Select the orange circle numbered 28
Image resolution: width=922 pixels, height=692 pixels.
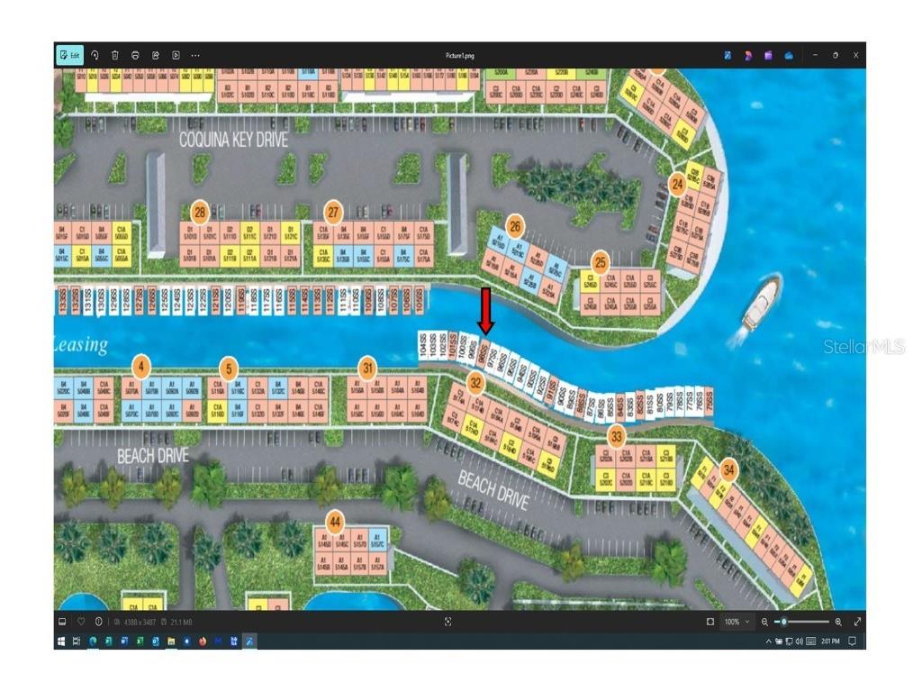tap(200, 214)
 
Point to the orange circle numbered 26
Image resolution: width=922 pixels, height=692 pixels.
tap(515, 225)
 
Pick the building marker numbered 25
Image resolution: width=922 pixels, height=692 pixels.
tap(600, 262)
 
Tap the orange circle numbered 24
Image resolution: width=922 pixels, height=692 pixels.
tap(677, 184)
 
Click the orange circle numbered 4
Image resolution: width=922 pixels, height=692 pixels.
tap(141, 367)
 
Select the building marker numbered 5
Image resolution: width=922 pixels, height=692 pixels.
tap(230, 368)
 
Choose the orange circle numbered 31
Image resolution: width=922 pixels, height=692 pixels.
tap(367, 367)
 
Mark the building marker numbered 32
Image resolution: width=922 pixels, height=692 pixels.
tap(476, 384)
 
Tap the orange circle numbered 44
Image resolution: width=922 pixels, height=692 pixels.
tap(335, 521)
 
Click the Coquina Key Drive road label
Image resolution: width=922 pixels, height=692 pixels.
tap(233, 140)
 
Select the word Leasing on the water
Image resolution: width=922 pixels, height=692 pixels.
tap(81, 344)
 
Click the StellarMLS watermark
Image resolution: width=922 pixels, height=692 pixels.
tap(863, 347)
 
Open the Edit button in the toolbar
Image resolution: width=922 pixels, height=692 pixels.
tap(69, 55)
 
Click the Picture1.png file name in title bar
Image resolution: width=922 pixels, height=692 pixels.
tap(459, 55)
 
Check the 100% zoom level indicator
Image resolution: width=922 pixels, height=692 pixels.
tap(731, 622)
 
